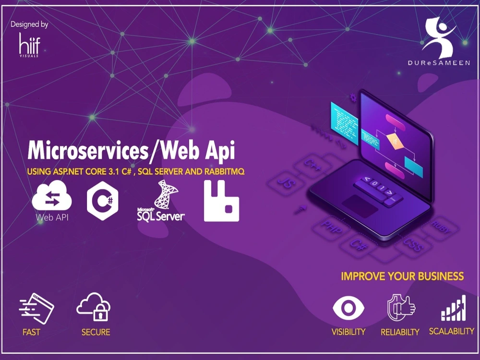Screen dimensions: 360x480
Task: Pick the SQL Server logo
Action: point(161,202)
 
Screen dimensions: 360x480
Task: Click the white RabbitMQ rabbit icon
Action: point(221,201)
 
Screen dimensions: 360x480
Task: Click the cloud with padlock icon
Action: point(94,307)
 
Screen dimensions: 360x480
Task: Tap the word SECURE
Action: point(96,332)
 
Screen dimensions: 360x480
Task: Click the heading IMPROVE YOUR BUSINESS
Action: point(402,276)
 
